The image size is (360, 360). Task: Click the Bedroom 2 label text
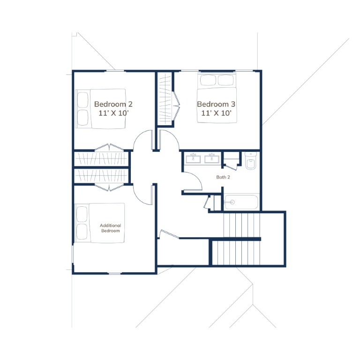[x=113, y=104]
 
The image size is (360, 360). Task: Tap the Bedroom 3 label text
[x=216, y=104]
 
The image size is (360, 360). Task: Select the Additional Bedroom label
[x=111, y=228]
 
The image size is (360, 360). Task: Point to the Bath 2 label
[x=223, y=177]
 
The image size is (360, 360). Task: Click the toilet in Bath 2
[x=250, y=160]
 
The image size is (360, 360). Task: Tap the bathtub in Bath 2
[x=241, y=202]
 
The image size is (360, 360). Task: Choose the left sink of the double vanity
[x=193, y=158]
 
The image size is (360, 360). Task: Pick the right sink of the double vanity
[x=212, y=158]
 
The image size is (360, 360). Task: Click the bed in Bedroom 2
[x=101, y=109]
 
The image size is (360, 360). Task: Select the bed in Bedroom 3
[x=217, y=98]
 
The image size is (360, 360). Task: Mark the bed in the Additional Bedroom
[x=100, y=223]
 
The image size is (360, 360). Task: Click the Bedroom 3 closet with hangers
[x=165, y=99]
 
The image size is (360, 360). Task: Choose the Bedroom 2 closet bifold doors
[x=109, y=147]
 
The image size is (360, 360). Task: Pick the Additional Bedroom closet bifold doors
[x=109, y=187]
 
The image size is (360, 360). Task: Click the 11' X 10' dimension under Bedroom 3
[x=216, y=113]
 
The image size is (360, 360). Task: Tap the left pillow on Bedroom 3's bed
[x=208, y=80]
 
